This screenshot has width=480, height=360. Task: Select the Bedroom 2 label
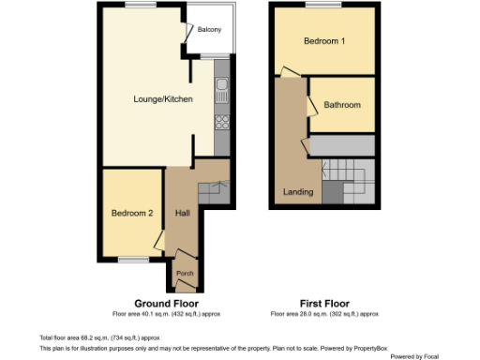[x=132, y=213]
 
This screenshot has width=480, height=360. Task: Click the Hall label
[x=183, y=213]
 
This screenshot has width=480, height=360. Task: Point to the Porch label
[x=184, y=275]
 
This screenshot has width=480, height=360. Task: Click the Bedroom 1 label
[x=323, y=41]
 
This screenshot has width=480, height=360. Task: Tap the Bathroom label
[x=342, y=105]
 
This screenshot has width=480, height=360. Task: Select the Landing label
[x=298, y=194]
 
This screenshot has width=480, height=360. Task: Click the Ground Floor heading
[x=164, y=304]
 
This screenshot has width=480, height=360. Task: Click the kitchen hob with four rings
[x=221, y=122]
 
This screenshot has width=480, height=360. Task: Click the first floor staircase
[x=351, y=180]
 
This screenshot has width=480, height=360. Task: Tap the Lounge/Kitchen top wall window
[x=142, y=6]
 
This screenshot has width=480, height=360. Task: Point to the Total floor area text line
[x=99, y=337]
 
